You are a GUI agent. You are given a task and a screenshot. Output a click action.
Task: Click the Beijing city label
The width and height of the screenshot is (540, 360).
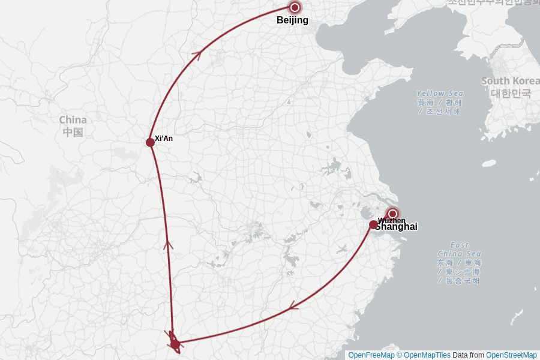(292, 20)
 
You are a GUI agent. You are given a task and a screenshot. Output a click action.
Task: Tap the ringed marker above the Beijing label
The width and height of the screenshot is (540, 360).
(295, 7)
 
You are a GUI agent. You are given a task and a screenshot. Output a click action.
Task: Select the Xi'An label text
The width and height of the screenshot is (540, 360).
(164, 139)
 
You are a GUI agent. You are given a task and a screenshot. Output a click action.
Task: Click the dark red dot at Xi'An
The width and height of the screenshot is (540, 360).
(150, 142)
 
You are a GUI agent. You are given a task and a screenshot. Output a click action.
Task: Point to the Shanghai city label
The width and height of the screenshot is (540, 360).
(397, 227)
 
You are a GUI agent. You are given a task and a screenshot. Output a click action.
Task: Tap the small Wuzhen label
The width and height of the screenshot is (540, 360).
(392, 220)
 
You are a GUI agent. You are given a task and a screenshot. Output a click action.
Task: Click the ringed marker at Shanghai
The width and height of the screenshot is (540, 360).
(392, 214)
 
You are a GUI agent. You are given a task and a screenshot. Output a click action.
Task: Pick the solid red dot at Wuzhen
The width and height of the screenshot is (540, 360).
(373, 224)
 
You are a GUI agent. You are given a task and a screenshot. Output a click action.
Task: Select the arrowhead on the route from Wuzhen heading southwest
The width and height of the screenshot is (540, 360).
(293, 307)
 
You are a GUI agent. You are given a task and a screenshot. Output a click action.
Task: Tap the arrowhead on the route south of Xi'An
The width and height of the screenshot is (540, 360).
(168, 244)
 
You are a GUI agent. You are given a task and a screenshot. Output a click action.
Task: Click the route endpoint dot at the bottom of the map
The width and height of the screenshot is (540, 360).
(175, 344)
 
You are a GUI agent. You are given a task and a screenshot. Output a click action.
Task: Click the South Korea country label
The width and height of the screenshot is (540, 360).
(511, 81)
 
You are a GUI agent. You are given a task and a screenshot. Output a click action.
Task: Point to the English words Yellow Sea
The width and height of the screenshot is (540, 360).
(440, 94)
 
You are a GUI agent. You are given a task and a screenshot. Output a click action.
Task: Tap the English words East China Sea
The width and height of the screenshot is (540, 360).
(459, 249)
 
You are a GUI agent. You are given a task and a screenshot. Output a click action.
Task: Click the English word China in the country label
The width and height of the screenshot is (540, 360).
(73, 120)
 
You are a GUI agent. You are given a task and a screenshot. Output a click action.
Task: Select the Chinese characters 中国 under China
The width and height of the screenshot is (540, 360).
(73, 132)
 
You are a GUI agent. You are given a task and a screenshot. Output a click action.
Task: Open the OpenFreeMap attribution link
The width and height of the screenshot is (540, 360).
(371, 355)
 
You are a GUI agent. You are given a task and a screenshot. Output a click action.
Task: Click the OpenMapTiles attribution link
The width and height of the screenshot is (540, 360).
(427, 355)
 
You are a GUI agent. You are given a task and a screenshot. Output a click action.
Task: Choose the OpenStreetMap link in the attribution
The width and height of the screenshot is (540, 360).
(511, 355)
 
